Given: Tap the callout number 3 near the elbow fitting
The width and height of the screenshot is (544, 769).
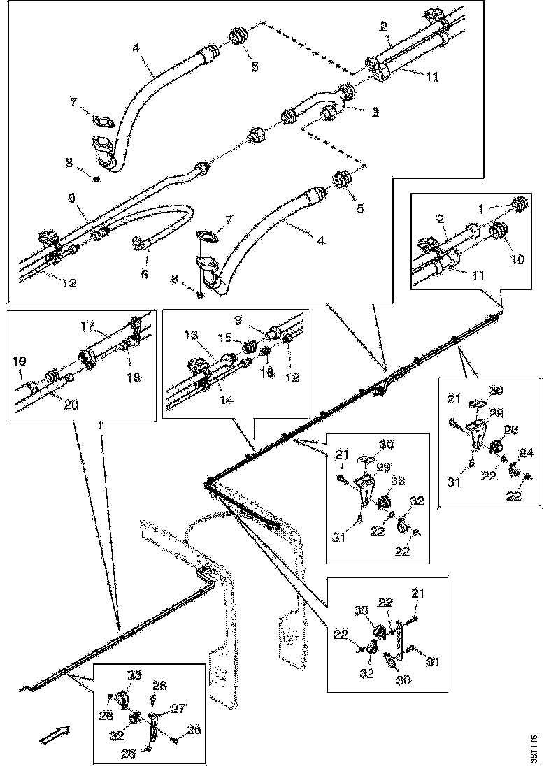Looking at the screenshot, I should point(375,112).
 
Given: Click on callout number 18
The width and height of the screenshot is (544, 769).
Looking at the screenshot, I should point(134,377).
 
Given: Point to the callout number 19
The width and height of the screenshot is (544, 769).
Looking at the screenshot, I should point(19,362).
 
